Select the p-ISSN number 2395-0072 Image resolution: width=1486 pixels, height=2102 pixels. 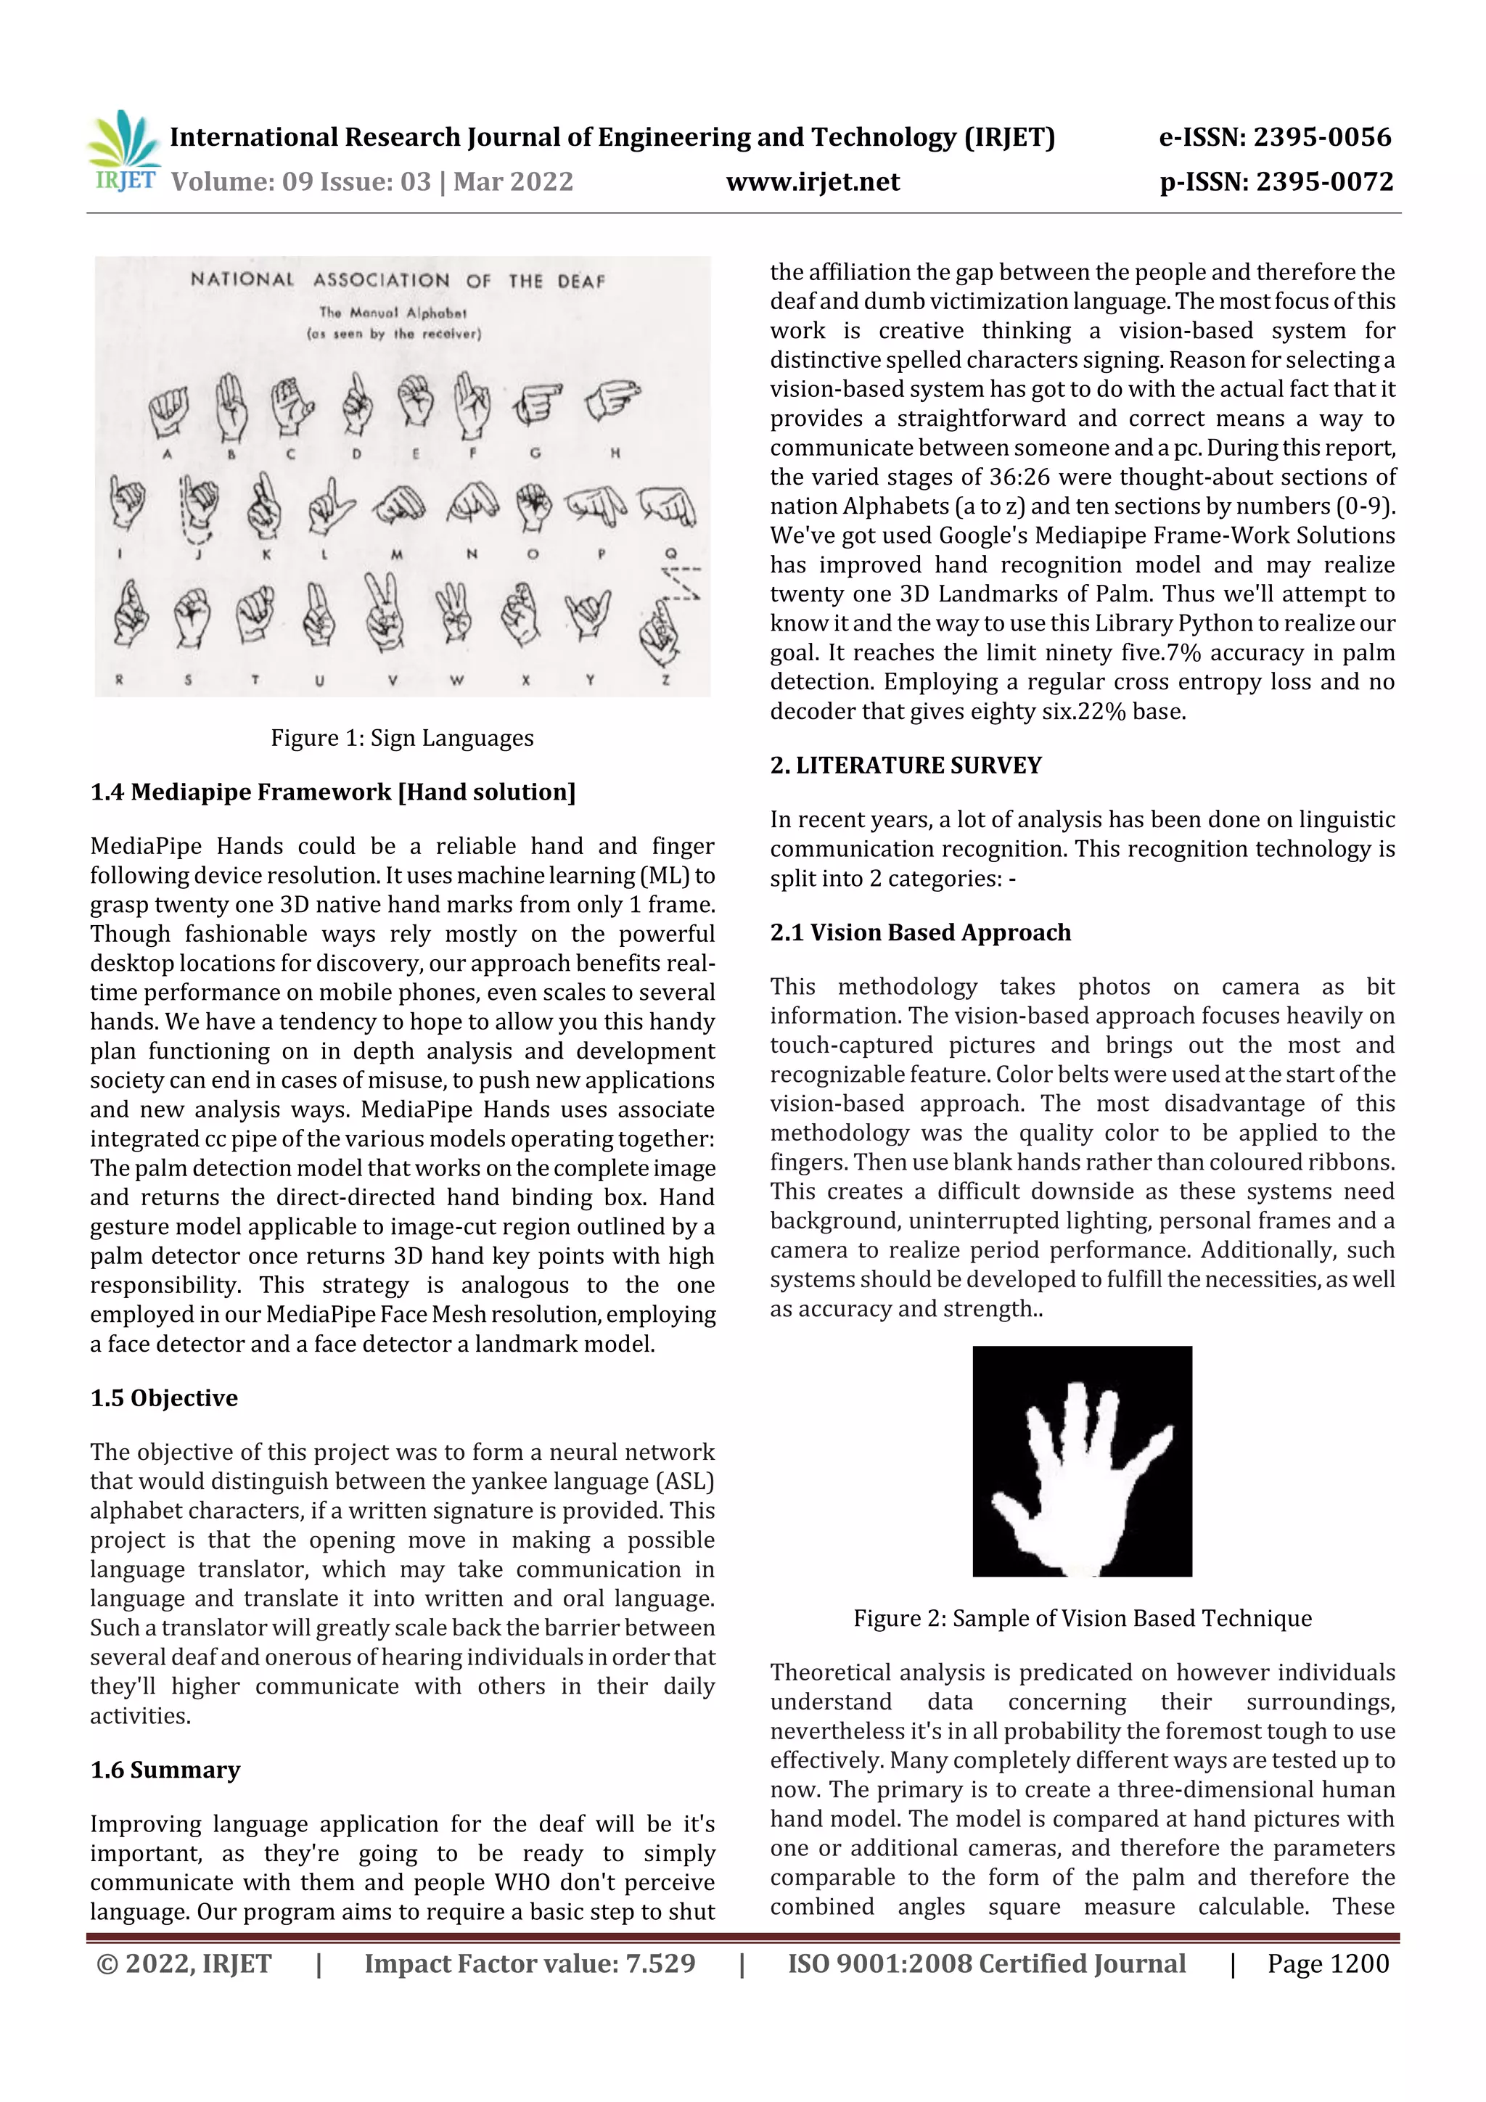[1324, 182]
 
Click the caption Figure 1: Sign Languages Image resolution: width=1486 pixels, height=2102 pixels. [402, 738]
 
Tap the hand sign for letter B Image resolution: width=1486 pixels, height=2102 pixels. [231, 409]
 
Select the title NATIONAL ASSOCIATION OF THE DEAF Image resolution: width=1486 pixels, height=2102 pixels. [398, 279]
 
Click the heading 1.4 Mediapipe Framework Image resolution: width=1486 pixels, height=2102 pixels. [333, 792]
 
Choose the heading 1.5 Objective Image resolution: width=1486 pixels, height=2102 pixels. [164, 1398]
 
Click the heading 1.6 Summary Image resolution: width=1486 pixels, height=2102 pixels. [165, 1770]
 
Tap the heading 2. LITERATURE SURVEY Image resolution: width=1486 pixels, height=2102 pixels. [906, 765]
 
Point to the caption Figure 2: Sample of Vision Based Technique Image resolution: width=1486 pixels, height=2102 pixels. [1083, 1618]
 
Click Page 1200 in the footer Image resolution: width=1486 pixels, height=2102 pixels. [1328, 1963]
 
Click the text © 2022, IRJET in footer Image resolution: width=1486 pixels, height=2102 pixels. [184, 1963]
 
